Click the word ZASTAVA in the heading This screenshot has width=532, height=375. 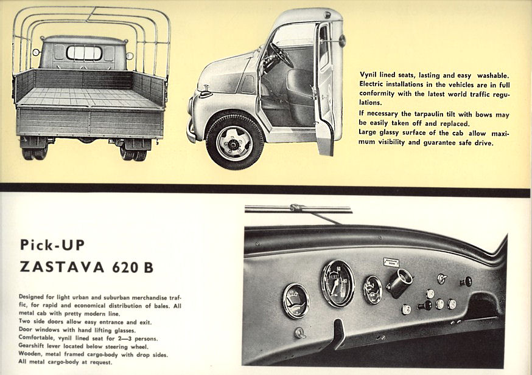point(61,267)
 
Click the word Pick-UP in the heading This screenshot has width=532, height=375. point(52,244)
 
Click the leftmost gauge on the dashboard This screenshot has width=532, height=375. point(296,301)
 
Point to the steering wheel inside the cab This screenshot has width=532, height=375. point(281,55)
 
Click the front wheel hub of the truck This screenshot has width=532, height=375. point(234,143)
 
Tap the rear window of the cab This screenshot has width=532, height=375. point(84,53)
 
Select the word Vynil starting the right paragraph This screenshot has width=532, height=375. point(368,75)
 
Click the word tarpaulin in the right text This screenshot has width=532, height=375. point(430,114)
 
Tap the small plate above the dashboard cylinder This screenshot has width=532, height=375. point(391,263)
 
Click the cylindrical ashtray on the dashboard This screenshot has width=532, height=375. point(399,282)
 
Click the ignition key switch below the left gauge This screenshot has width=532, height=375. point(299,332)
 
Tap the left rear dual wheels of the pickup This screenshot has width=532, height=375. point(35,153)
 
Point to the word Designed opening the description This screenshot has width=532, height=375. point(31,297)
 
